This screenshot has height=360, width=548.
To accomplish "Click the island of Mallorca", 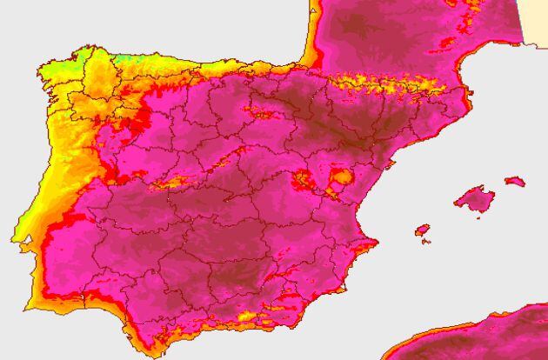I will (474, 199).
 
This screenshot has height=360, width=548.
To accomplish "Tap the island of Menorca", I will (515, 182).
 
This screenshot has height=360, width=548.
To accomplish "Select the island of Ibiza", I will (423, 230).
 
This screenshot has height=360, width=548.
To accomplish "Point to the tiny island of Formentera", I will (426, 241).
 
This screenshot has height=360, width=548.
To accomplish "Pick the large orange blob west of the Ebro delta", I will (341, 177).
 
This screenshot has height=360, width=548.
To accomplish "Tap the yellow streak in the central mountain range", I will (174, 183).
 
